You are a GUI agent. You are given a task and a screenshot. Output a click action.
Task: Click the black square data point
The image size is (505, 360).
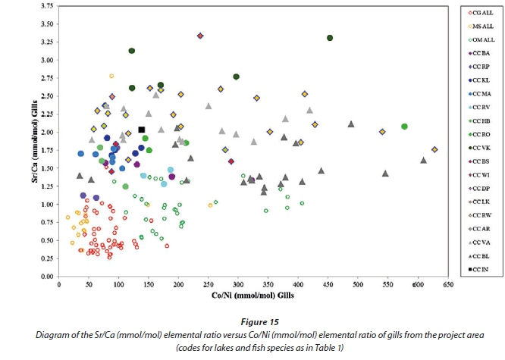coord(141,130)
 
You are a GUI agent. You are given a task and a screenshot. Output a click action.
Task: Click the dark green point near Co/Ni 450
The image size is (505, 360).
coord(330,38)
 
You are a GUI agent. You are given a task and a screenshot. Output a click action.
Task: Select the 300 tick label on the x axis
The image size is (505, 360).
coord(237,286)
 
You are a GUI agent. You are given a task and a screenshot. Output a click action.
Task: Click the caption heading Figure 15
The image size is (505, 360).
coord(252,321)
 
